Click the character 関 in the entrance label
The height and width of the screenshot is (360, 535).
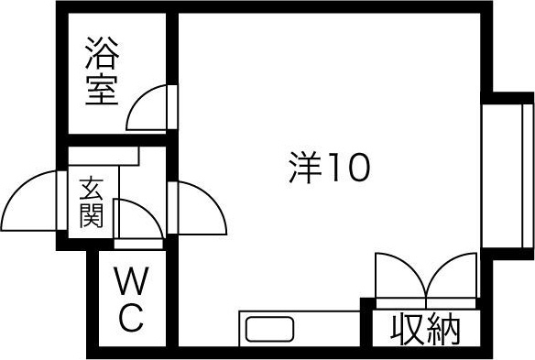(x=92, y=217)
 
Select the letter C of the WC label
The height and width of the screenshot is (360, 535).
(x=130, y=318)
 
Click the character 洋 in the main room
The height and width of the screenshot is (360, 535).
(x=306, y=168)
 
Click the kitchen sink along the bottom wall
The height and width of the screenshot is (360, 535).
(x=268, y=328)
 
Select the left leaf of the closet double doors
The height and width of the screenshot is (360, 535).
(x=399, y=278)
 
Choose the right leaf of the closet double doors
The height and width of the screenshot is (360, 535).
(x=451, y=278)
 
